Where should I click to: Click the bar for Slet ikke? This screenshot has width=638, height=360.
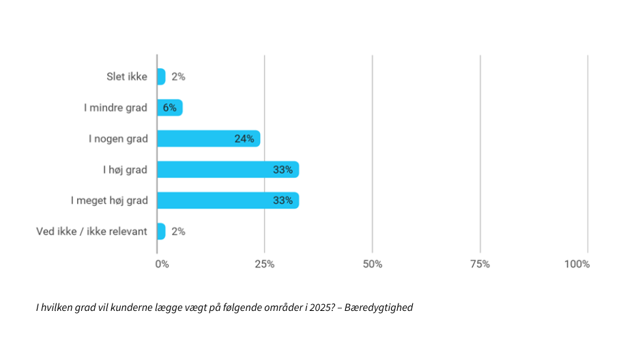point(161,76)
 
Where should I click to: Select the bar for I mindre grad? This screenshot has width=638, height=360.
point(169,108)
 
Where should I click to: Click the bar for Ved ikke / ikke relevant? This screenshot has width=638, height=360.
point(161,231)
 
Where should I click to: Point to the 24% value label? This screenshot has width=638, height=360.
point(244,138)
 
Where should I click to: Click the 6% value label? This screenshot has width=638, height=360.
point(170,108)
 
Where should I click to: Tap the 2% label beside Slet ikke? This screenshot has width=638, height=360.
point(178,77)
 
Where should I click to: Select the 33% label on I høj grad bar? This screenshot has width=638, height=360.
point(282,170)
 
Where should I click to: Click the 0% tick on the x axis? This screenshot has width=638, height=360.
point(162,264)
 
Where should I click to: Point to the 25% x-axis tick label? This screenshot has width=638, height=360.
point(264,264)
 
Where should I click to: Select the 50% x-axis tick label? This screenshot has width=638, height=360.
point(372,264)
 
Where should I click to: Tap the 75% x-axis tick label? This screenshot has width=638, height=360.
point(480,264)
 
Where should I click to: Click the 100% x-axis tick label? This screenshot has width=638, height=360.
point(577,264)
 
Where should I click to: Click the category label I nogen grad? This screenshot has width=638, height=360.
point(118,138)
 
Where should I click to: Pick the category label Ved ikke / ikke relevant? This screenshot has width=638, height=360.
point(91,231)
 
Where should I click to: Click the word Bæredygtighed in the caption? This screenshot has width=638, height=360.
point(379,307)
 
